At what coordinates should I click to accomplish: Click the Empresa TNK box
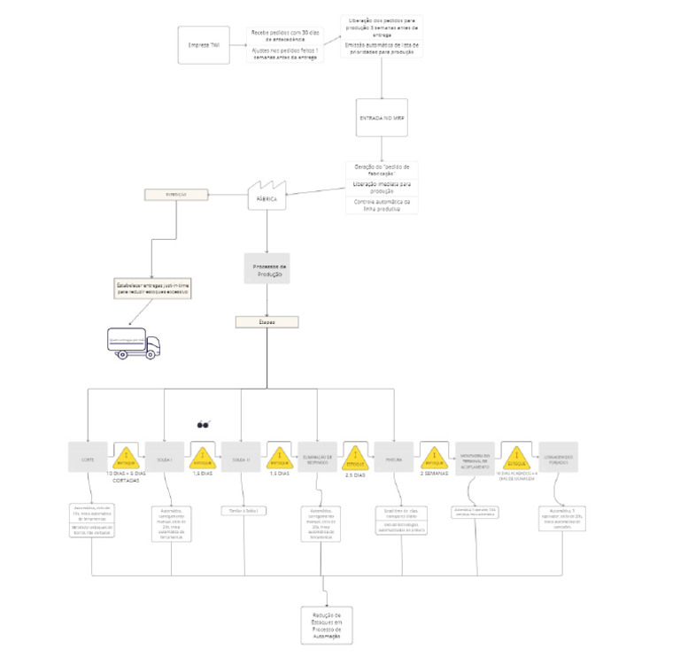click(x=199, y=45)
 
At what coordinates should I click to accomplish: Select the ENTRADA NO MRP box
click(x=382, y=118)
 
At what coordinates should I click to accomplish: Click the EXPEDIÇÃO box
click(x=176, y=195)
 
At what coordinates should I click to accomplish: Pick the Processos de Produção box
click(x=267, y=269)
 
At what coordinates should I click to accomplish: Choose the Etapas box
click(x=267, y=322)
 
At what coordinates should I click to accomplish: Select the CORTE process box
click(x=88, y=457)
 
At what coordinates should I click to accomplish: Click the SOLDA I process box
click(x=164, y=457)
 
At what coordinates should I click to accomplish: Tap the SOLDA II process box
click(x=241, y=457)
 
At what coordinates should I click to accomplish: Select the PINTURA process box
click(x=394, y=457)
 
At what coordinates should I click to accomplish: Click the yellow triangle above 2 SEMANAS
click(x=434, y=457)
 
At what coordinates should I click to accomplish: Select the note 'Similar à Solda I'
click(x=243, y=511)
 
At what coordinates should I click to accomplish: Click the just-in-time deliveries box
click(x=158, y=288)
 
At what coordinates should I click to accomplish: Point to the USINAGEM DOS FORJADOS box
click(x=558, y=457)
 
